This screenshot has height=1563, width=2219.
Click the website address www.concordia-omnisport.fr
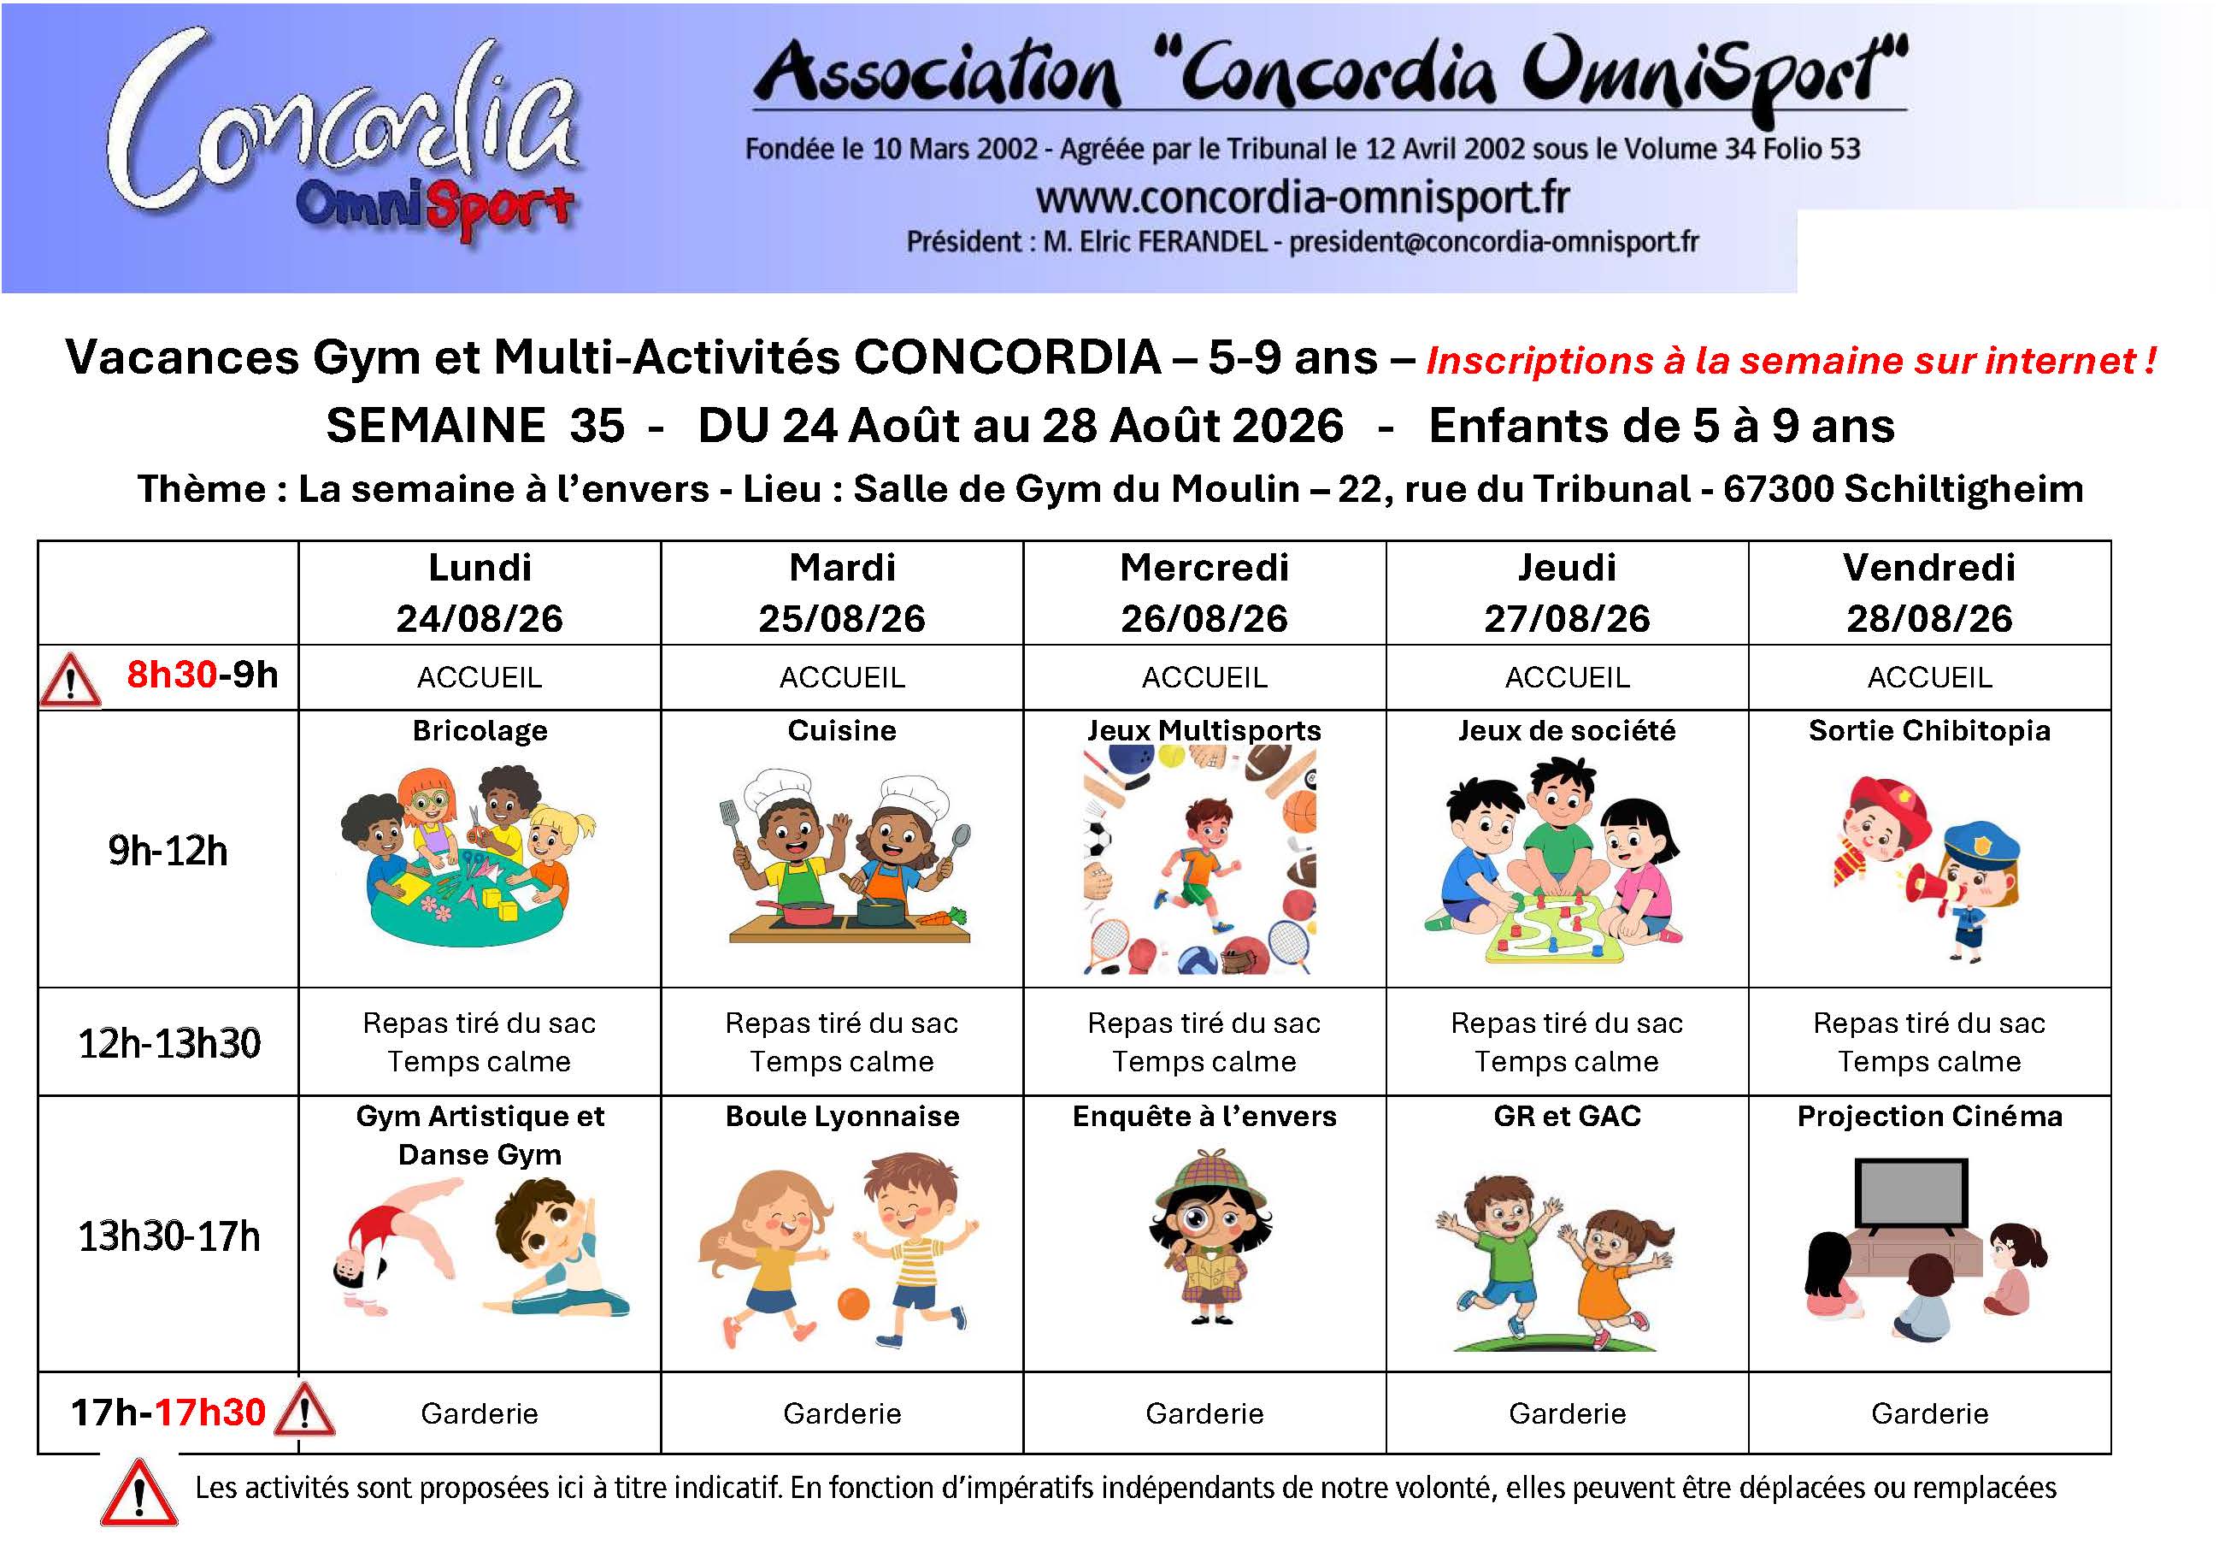[x=1302, y=198]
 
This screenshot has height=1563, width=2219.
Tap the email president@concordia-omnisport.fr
[x=1493, y=242]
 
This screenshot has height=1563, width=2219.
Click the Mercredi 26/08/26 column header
[x=1204, y=593]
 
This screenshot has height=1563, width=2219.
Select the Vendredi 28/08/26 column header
[x=1929, y=593]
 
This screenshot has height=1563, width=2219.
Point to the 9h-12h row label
[x=168, y=851]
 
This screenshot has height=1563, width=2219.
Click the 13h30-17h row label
[x=169, y=1236]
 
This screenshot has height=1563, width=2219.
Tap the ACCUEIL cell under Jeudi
[x=1567, y=677]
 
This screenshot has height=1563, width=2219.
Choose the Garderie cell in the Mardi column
[x=842, y=1414]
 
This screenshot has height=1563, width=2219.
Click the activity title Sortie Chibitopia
[x=1929, y=731]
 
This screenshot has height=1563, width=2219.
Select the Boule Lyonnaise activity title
[x=842, y=1117]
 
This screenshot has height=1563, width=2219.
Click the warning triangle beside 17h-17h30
[x=304, y=1412]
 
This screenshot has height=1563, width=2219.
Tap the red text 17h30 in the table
[x=210, y=1413]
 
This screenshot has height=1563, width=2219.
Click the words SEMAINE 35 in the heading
[x=475, y=425]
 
